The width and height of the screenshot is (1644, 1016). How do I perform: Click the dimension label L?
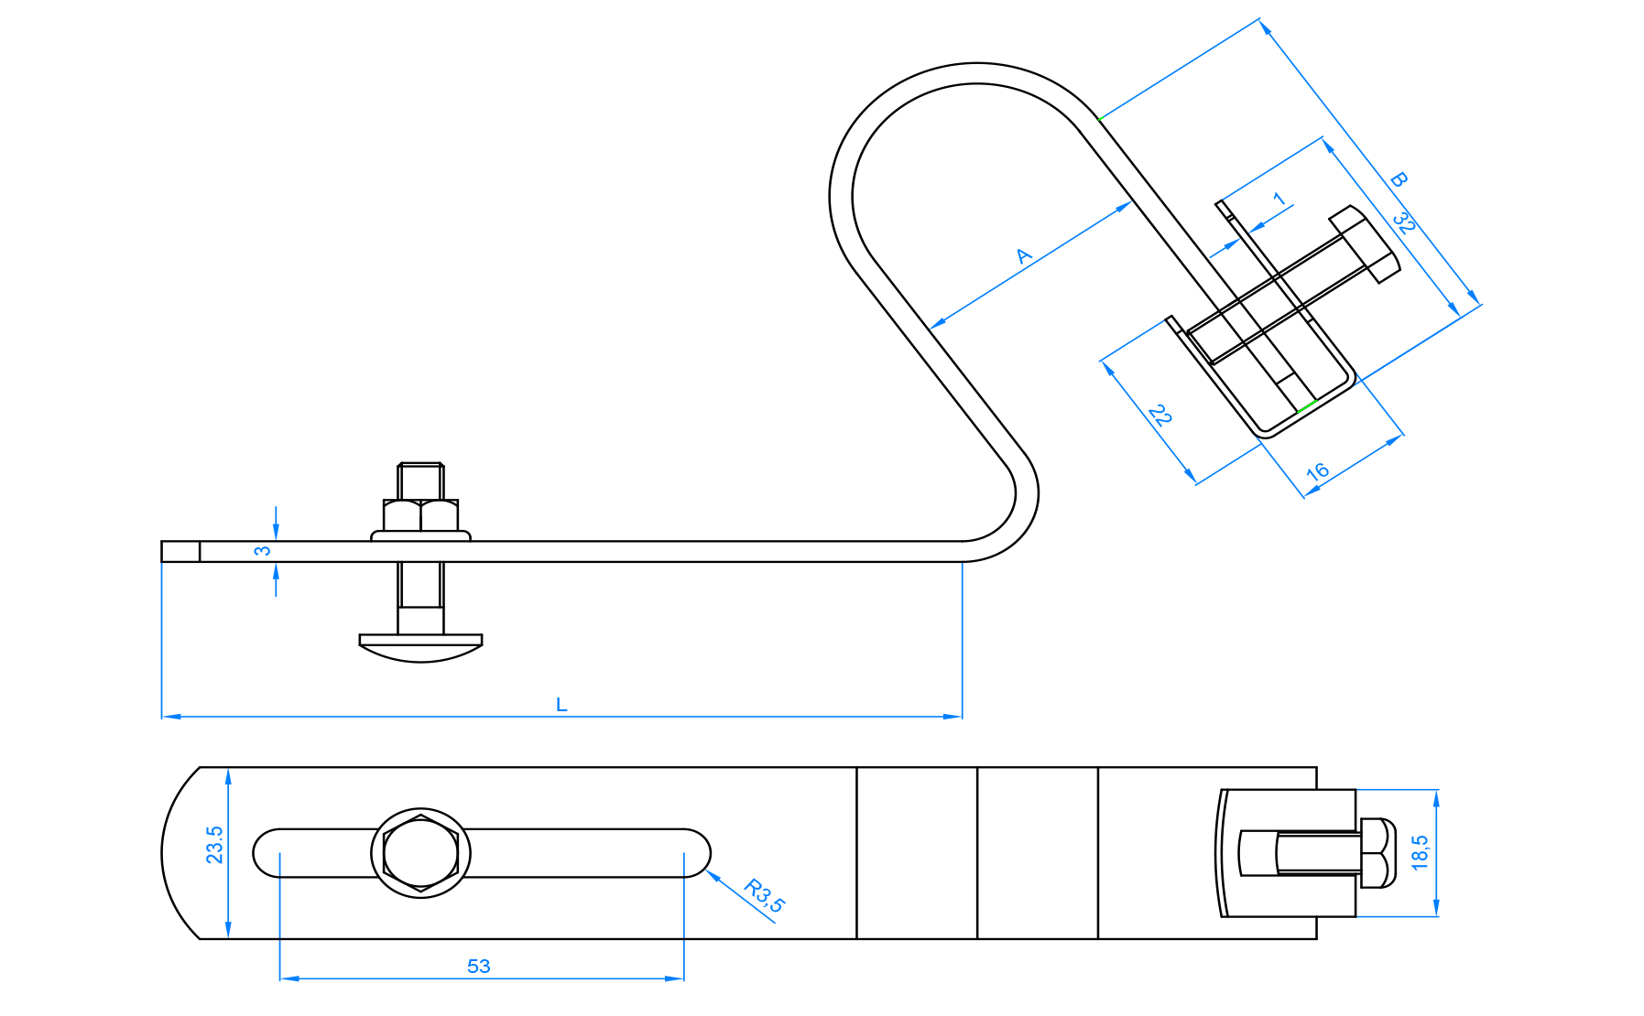[x=561, y=705]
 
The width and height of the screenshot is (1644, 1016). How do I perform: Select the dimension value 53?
[x=478, y=966]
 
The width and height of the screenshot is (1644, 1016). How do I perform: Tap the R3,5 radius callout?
[x=765, y=895]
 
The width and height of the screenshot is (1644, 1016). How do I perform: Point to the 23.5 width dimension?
[x=214, y=845]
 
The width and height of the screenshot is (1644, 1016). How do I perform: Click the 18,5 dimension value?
[x=1420, y=852]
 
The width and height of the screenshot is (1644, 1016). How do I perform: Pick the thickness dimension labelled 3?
[x=263, y=551]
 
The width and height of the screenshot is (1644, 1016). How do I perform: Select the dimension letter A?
[x=1025, y=255]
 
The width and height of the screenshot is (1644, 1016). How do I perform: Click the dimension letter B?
[x=1398, y=180]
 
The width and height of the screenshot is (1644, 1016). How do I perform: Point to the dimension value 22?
[x=1160, y=416]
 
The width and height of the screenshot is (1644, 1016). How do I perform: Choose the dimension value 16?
[x=1317, y=471]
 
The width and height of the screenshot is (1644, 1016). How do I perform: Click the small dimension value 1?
[x=1279, y=199]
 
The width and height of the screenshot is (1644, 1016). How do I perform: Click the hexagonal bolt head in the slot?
[x=420, y=853]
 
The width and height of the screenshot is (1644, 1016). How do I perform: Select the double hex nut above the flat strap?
[x=420, y=515]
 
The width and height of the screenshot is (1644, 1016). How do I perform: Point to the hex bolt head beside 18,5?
[x=1377, y=853]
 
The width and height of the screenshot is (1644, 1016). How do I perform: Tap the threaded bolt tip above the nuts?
[x=420, y=481]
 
